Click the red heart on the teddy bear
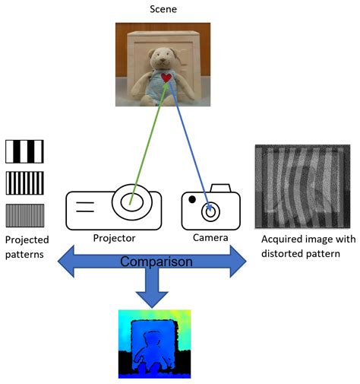tap(166, 78)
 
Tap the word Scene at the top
tap(162, 10)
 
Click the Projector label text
tap(114, 238)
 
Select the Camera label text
tap(210, 238)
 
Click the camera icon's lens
tap(210, 211)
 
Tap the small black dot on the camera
tap(193, 199)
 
